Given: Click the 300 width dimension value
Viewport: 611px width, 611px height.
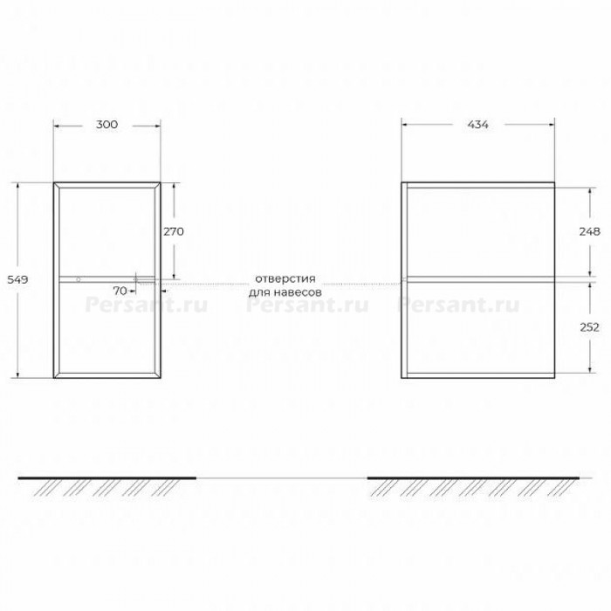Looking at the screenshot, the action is pos(106,125).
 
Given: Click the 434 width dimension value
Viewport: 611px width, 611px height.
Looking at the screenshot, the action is pos(477,125).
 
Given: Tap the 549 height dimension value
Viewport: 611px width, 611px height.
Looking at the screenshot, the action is pos(17,279).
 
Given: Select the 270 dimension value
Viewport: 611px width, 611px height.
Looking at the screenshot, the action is pos(174,231).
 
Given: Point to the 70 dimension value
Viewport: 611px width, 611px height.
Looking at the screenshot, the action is pos(120,291).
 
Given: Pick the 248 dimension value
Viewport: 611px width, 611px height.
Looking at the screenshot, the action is pos(589,231).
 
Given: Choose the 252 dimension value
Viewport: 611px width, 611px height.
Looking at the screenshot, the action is pos(589,327).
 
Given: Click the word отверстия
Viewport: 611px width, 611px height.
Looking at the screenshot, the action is pos(285,279).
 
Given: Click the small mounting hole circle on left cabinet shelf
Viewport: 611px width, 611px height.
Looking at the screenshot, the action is pos(79,279).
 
